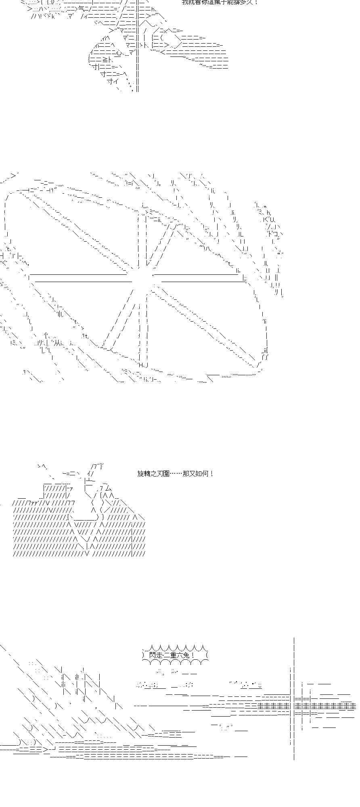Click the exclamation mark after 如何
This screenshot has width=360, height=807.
coord(212,473)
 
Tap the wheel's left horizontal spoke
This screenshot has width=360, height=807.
coord(81,278)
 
